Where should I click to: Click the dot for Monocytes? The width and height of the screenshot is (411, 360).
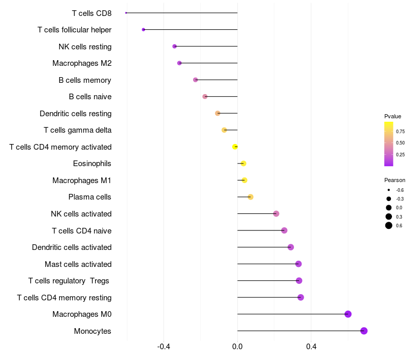tap(364, 331)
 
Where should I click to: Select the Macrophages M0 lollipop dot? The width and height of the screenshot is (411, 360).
tap(348, 314)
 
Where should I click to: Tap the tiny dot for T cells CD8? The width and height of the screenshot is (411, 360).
tap(126, 13)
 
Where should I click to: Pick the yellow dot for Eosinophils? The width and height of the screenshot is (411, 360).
tap(244, 164)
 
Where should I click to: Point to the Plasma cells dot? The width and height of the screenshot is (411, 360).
tap(250, 197)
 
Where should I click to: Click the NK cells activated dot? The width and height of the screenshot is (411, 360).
tap(276, 213)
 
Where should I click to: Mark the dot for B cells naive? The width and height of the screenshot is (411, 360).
tap(205, 97)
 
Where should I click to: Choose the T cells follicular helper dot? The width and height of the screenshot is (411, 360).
tap(143, 29)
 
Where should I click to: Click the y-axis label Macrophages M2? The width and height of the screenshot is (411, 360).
tap(82, 63)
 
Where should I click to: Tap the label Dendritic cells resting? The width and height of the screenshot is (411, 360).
tap(76, 113)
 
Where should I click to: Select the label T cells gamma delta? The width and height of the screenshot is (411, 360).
tap(78, 130)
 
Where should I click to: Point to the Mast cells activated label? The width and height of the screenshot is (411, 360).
tap(78, 264)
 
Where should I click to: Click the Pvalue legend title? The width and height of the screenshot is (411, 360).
tap(393, 116)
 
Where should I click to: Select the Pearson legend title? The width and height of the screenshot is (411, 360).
tap(395, 180)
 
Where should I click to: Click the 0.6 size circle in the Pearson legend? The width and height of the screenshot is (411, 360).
tap(389, 225)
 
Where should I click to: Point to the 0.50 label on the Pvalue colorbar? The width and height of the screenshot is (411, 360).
tap(400, 143)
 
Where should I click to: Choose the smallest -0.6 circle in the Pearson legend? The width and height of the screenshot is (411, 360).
tap(389, 190)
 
